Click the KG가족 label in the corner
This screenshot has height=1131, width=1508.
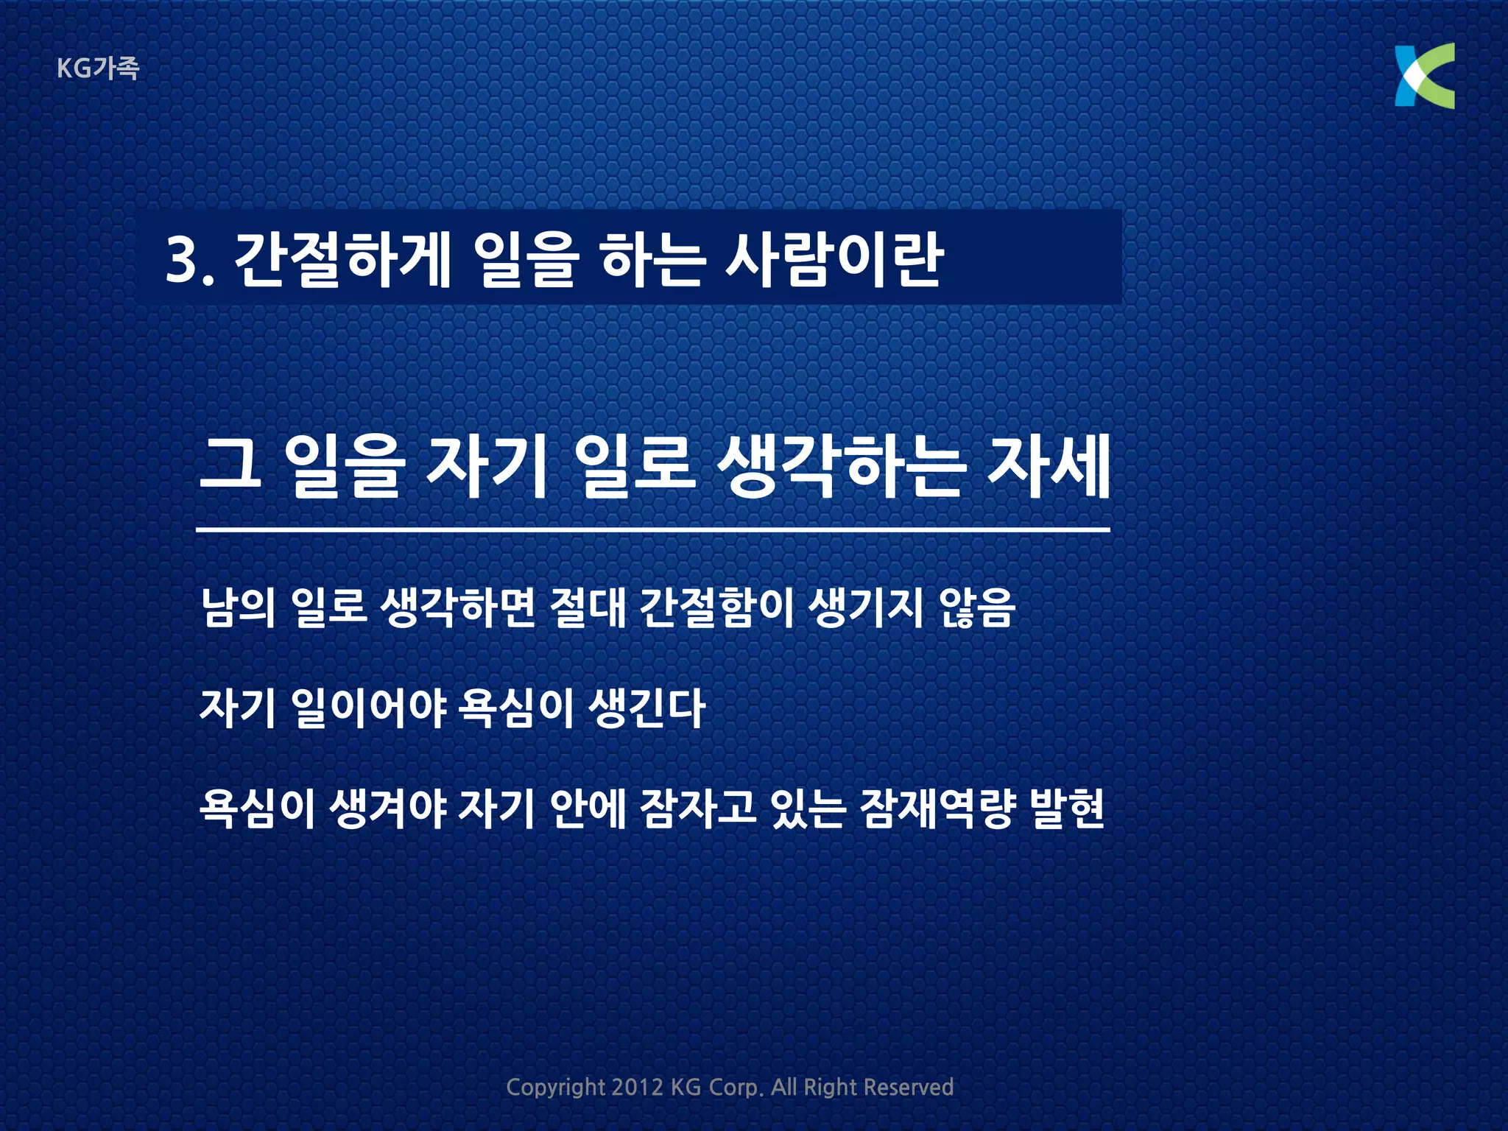click(x=97, y=68)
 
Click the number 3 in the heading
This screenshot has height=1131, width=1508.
click(x=181, y=260)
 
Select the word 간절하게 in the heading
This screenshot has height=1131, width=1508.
click(x=342, y=259)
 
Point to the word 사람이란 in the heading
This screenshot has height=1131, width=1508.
click(x=834, y=259)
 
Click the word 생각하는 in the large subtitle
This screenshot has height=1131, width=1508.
click(x=839, y=467)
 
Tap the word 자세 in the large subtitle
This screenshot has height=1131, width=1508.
click(x=1048, y=467)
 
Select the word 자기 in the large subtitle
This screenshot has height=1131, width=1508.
click(x=487, y=467)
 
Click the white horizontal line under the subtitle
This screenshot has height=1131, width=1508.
click(x=652, y=529)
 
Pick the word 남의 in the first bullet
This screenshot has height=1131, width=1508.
click(x=238, y=607)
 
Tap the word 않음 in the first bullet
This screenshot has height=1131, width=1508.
click(x=977, y=607)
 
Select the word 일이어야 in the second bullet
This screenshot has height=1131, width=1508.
click(x=368, y=708)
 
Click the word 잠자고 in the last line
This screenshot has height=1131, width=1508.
click(x=698, y=808)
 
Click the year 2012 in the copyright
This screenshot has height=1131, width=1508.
click(x=637, y=1088)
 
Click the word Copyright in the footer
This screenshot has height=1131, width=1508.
click(x=555, y=1088)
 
